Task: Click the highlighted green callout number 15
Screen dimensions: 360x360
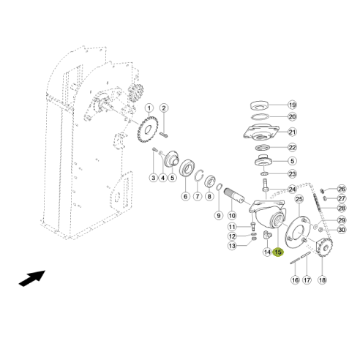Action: [x=278, y=252]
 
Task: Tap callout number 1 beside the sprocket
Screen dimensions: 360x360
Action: [x=149, y=108]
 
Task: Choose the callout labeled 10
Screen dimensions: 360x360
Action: [x=232, y=216]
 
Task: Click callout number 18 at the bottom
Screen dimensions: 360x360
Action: [x=323, y=280]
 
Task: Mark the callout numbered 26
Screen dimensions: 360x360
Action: [x=341, y=189]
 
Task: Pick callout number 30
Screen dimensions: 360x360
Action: [x=341, y=230]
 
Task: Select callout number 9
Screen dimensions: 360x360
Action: [x=218, y=216]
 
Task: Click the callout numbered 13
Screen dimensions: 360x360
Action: [x=232, y=246]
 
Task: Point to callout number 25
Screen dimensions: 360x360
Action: [x=299, y=200]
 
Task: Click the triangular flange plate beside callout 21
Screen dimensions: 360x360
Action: [x=260, y=136]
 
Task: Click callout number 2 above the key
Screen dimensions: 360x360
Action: [x=164, y=108]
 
